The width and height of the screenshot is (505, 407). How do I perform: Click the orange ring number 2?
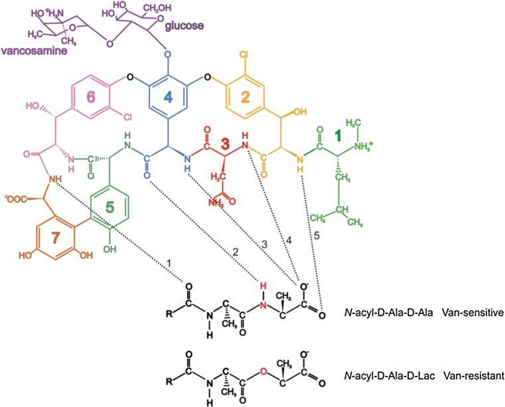pyautogui.click(x=244, y=98)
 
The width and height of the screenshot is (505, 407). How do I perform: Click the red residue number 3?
pyautogui.click(x=225, y=142)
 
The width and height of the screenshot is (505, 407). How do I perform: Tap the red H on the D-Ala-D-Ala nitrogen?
pyautogui.click(x=263, y=286)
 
